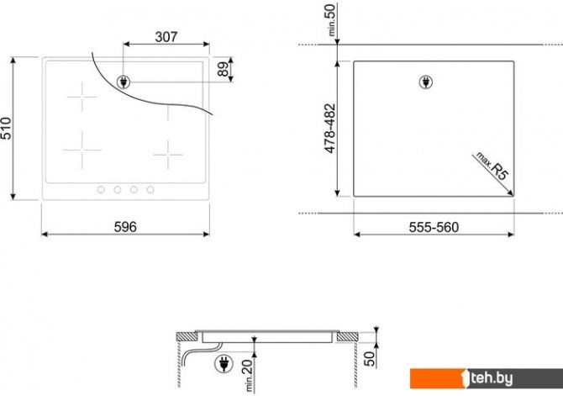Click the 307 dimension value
[x=166, y=37]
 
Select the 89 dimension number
[x=224, y=69]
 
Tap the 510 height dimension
[x=6, y=129]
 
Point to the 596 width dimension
[x=125, y=227]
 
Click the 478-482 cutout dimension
[x=329, y=129]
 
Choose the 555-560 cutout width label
[x=434, y=227]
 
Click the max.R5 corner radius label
[x=492, y=166]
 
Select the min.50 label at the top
[x=331, y=20]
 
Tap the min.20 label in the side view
[x=249, y=376]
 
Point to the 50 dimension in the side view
[x=370, y=359]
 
